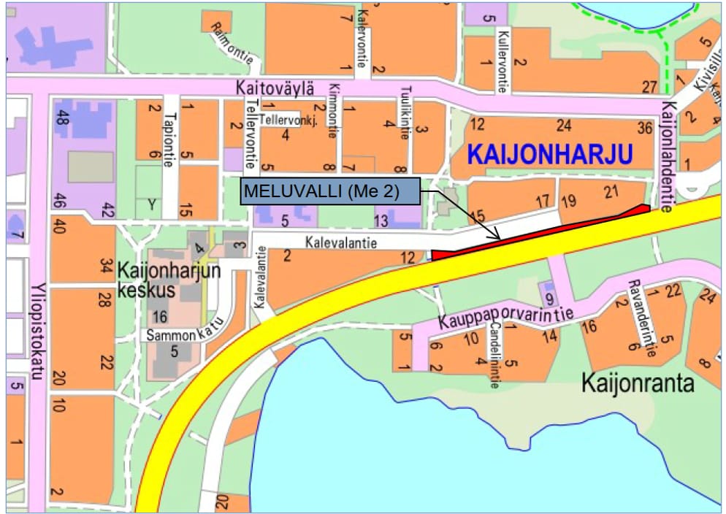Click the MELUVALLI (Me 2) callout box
tap(331, 191)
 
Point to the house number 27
tap(649, 87)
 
